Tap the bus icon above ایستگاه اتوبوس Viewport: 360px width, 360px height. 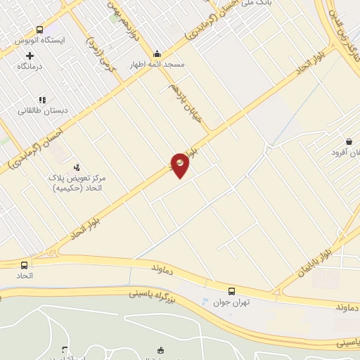39,30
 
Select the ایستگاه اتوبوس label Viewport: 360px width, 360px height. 39,41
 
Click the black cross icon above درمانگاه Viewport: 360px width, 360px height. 30,55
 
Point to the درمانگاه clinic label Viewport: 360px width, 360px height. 30,66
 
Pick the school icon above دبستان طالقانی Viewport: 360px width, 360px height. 41,100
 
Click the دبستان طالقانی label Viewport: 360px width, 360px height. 42,111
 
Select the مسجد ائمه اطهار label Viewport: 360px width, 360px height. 156,64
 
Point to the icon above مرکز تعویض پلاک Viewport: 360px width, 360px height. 77,167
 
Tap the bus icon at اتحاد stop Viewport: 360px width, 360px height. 25,265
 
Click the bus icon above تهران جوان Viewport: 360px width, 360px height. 232,290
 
